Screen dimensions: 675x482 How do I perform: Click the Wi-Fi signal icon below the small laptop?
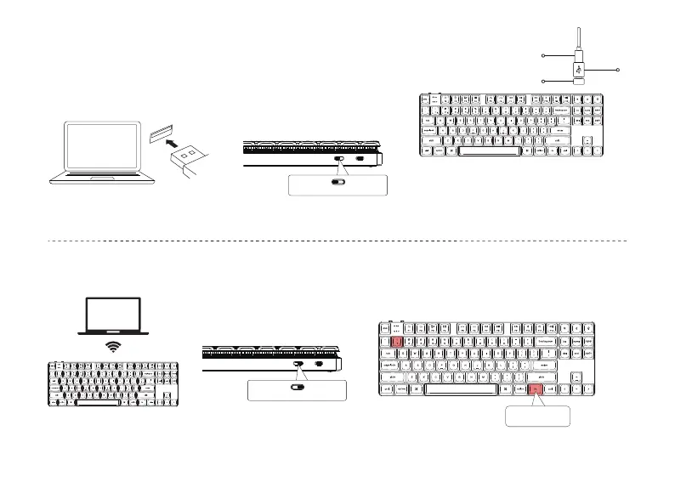114,346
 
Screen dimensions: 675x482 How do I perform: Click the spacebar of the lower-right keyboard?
460,389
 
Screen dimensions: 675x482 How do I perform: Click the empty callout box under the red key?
537,417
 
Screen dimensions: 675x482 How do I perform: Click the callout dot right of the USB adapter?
619,68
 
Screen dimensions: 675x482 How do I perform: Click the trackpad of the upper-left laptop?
99,179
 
